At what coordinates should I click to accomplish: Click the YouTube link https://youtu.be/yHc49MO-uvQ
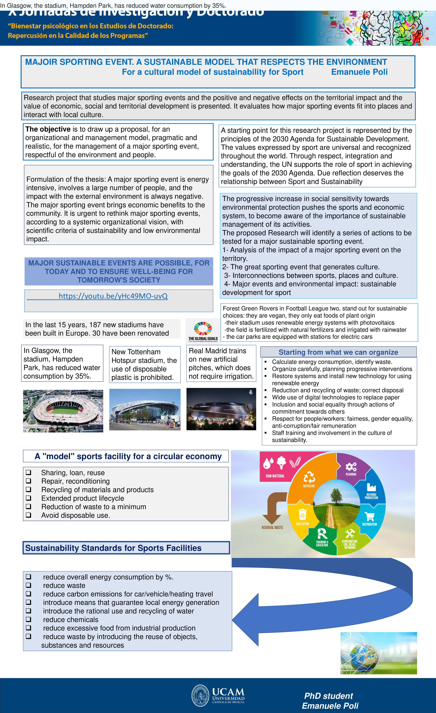tap(113, 296)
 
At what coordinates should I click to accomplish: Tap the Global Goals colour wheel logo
tap(203, 328)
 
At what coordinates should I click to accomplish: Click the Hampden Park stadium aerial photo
tap(63, 411)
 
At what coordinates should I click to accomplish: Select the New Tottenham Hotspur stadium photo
tap(145, 409)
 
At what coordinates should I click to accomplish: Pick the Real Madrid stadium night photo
tap(221, 409)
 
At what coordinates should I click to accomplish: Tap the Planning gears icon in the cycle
tap(351, 467)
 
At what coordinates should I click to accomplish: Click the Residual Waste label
tap(272, 527)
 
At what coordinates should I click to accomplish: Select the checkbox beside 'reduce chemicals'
tap(28, 619)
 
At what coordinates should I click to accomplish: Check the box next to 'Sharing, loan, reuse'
tap(28, 472)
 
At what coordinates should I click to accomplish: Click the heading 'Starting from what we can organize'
tap(338, 352)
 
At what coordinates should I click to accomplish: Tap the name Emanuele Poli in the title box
tap(359, 72)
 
